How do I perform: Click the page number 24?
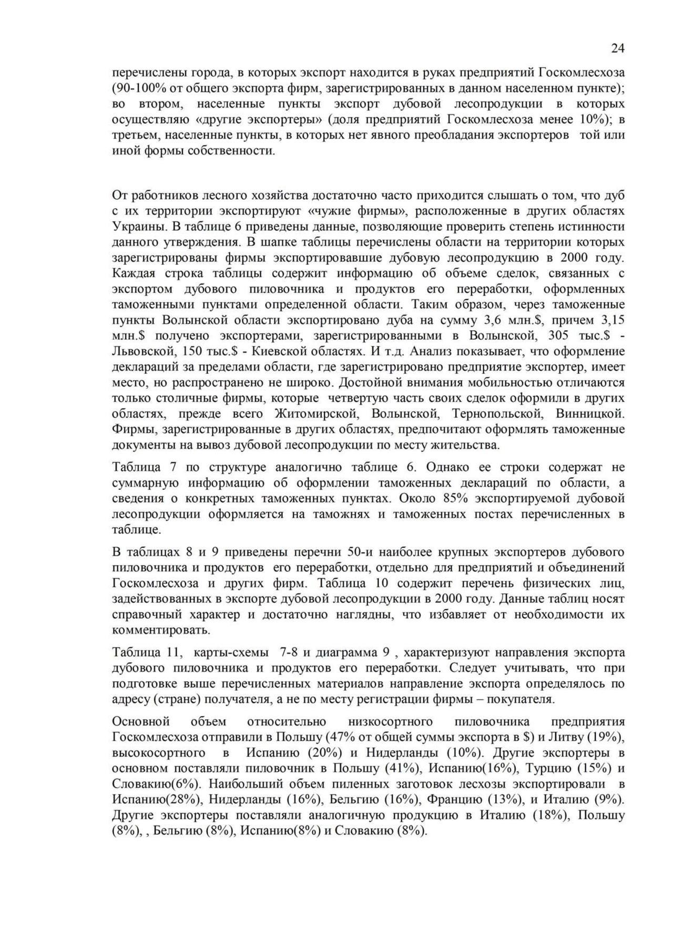pyautogui.click(x=618, y=48)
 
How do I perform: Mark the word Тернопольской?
pyautogui.click(x=496, y=413)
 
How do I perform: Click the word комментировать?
pyautogui.click(x=161, y=630)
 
